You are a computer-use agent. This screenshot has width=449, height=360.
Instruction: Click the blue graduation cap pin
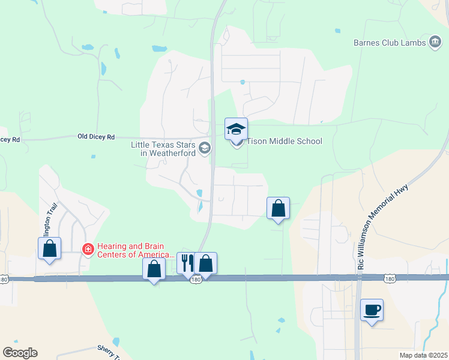tap(236, 128)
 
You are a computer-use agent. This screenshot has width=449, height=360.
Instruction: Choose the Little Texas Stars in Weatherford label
tap(163, 149)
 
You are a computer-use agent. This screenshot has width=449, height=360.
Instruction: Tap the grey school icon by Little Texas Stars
tap(205, 148)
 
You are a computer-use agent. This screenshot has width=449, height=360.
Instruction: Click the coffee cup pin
tap(372, 310)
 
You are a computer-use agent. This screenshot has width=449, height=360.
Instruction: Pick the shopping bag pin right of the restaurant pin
tap(205, 263)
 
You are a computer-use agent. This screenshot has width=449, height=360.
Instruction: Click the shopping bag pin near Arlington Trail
tap(49, 248)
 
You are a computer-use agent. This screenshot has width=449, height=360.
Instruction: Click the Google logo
tap(20, 353)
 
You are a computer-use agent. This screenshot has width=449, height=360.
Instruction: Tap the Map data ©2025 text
tap(423, 355)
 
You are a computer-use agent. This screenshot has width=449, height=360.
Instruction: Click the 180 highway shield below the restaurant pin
tap(196, 280)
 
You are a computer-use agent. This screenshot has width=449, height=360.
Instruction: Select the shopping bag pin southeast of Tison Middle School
tap(278, 208)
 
